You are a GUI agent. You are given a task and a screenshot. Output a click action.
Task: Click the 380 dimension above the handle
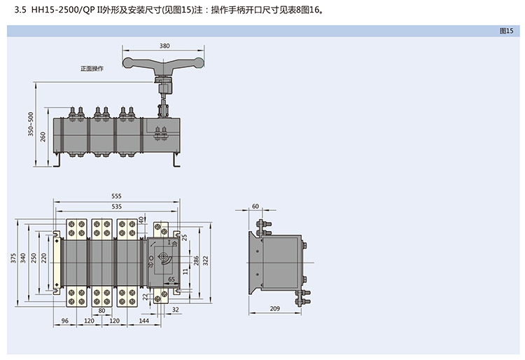pyautogui.click(x=164, y=46)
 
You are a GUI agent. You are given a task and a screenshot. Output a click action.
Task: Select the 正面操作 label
pyautogui.click(x=92, y=69)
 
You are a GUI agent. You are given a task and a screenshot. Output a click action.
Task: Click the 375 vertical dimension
pyautogui.click(x=13, y=259)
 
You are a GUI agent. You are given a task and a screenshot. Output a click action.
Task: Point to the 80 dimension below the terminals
pyautogui.click(x=101, y=310)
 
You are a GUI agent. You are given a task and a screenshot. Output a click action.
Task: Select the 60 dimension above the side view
pyautogui.click(x=255, y=206)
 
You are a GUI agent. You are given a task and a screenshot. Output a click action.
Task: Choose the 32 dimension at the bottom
pyautogui.click(x=175, y=310)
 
